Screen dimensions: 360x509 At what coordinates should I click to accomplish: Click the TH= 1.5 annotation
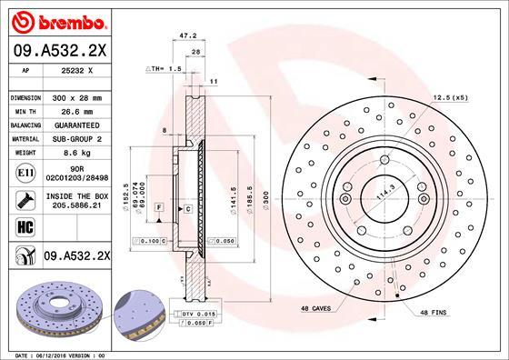(x=166, y=68)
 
